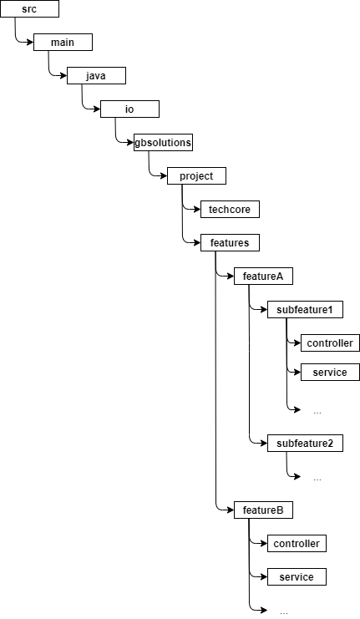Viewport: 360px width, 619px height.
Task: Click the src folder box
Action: tap(29, 9)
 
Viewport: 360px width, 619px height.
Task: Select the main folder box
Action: tap(63, 43)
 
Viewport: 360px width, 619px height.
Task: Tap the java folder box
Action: tap(96, 76)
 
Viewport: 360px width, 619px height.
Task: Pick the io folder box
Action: tap(129, 109)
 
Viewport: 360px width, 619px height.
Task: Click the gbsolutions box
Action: tap(163, 143)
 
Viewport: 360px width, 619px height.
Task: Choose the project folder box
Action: tap(196, 176)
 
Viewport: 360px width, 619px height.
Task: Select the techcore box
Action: tap(230, 210)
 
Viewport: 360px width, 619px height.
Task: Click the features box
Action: tap(230, 243)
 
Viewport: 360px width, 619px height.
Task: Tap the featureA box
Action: tap(263, 277)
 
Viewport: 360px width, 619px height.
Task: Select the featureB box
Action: tap(263, 510)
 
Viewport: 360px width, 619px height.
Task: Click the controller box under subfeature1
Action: tap(329, 343)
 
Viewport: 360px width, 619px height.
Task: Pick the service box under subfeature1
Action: tap(329, 372)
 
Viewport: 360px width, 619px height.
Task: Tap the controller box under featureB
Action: tap(297, 544)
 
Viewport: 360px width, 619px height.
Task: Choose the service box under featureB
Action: tap(297, 577)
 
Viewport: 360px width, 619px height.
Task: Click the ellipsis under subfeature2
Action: tap(317, 479)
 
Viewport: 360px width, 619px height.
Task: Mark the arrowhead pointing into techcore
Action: tap(195, 210)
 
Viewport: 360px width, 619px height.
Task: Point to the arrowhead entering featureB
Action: tap(229, 510)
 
